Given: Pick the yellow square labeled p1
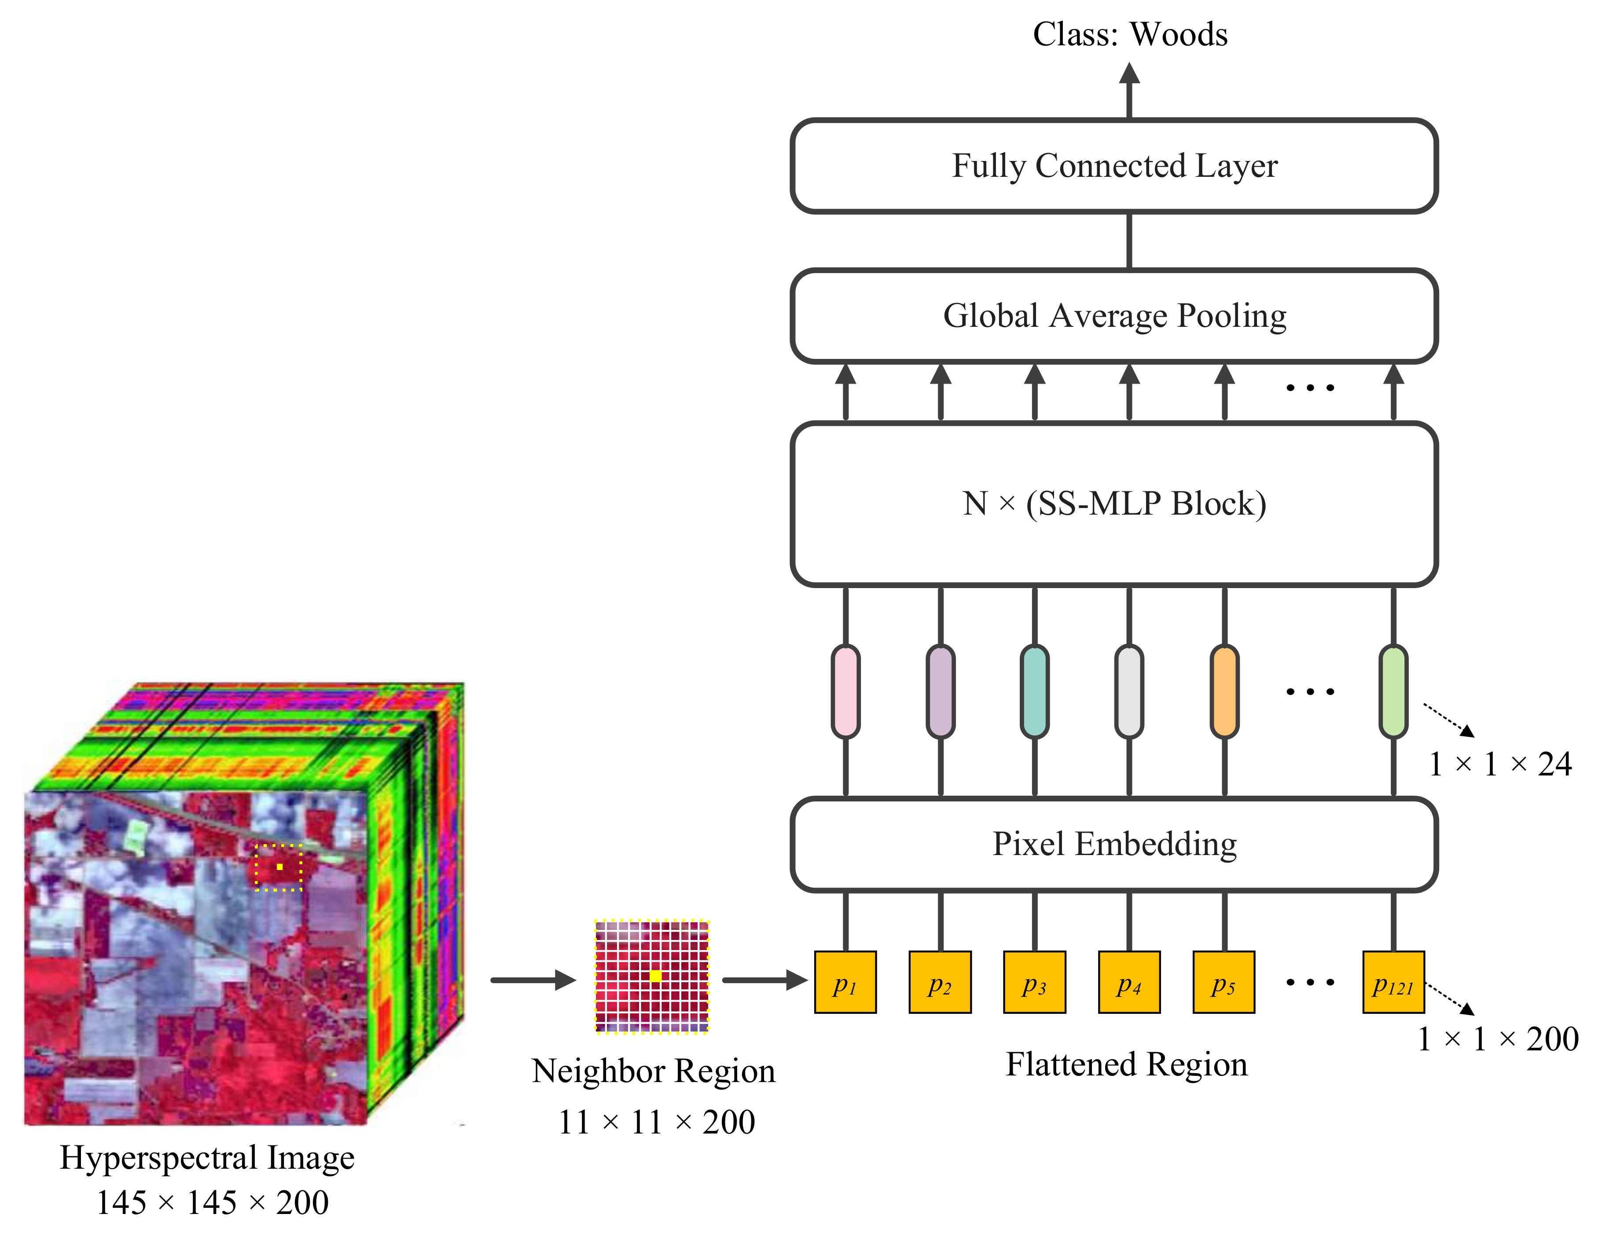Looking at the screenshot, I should [x=845, y=982].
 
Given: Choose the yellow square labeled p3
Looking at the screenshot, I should [x=1034, y=982].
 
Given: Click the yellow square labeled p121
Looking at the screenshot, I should [x=1393, y=982].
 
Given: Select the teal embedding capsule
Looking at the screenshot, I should [x=1034, y=691].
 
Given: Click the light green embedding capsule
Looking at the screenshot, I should [x=1393, y=691].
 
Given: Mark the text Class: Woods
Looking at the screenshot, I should [x=1130, y=34].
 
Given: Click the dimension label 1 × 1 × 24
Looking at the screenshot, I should [x=1500, y=764].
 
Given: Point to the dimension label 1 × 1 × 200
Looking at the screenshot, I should [x=1498, y=1039].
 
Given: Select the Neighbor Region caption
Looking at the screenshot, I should [x=653, y=1071].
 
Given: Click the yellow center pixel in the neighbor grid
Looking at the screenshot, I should [x=655, y=976].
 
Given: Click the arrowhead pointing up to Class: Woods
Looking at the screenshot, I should [x=1130, y=73].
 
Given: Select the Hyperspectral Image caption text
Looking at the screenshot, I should [x=207, y=1158].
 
